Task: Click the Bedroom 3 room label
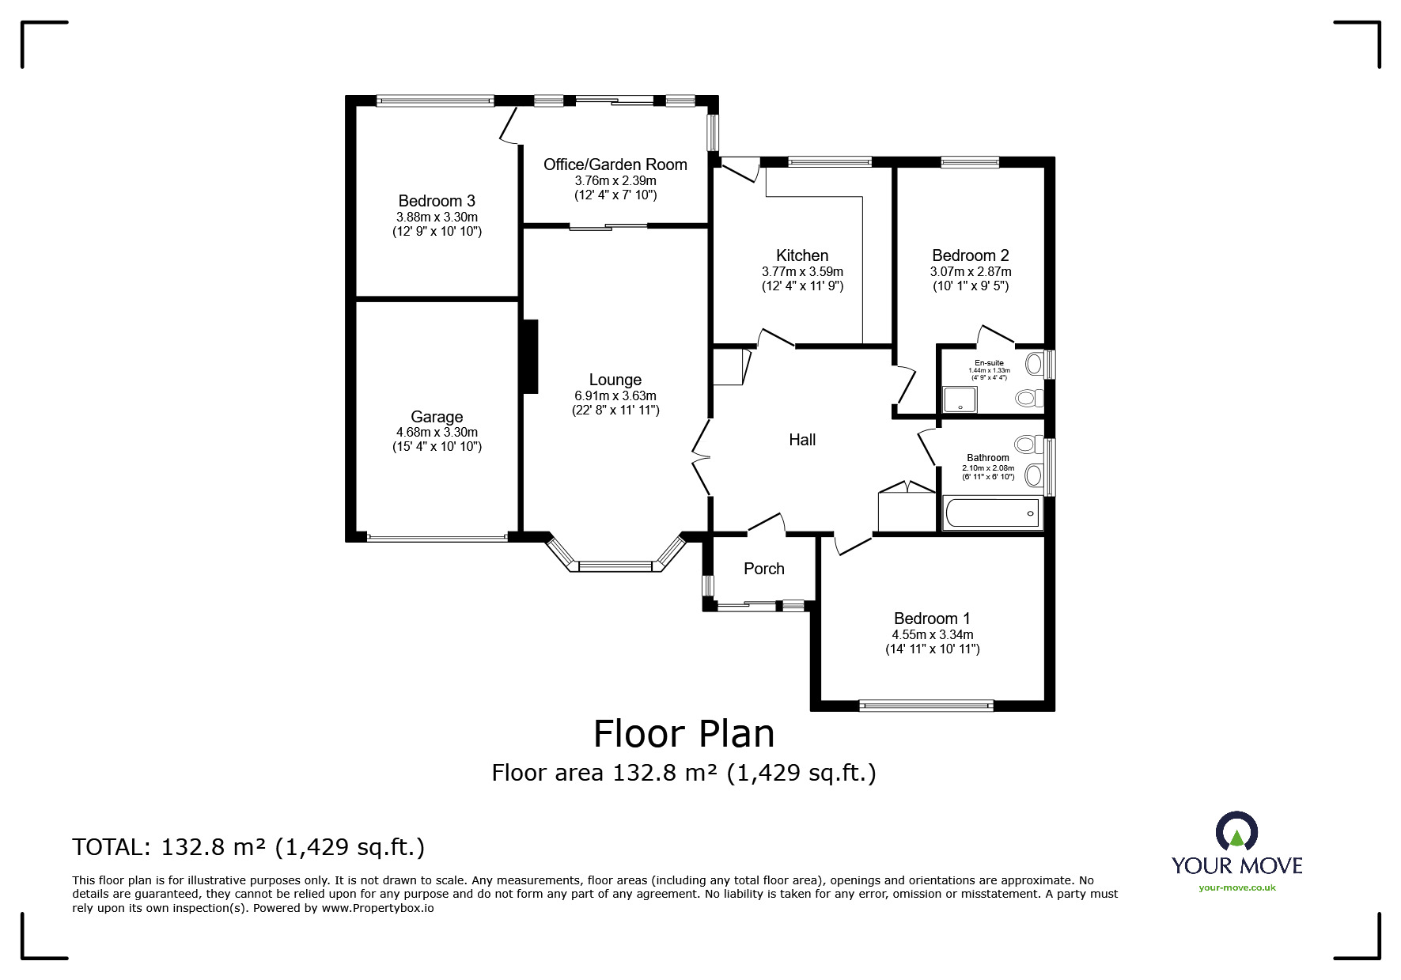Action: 437,201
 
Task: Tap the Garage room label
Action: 437,417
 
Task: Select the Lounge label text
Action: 615,380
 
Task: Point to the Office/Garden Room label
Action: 615,165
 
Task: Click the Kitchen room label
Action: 802,255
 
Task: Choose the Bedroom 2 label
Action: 970,255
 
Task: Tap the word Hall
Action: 802,440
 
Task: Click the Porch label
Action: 764,569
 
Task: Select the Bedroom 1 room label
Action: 932,619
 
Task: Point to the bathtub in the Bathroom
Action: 991,513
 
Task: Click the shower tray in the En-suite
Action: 960,399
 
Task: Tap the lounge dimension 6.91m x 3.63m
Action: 615,395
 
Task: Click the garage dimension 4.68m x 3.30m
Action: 437,433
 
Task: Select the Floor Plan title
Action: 684,733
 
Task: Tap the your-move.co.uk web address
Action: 1237,887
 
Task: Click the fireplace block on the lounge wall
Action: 529,356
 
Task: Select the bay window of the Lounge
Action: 615,554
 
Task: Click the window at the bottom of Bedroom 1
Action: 926,706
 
